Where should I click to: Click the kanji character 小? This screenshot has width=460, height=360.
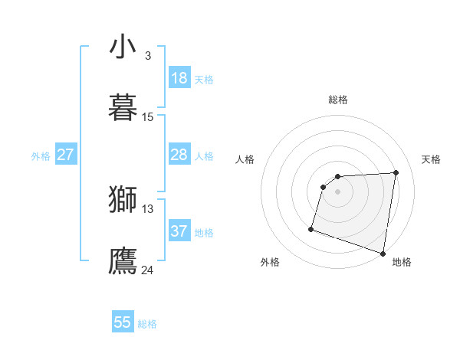point(123,47)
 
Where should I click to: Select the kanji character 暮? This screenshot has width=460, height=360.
point(123,107)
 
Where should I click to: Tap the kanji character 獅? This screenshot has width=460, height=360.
point(123,200)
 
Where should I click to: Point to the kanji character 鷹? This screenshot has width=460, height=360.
point(123,260)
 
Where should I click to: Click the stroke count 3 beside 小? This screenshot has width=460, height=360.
point(147,56)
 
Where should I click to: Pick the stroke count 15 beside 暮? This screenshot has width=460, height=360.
point(148,117)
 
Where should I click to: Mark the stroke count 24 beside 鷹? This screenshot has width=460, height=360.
point(148,270)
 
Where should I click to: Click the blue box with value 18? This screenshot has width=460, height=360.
point(179,78)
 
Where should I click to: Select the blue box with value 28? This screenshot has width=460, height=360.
point(179,155)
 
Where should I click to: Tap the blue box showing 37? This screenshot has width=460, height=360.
point(179,231)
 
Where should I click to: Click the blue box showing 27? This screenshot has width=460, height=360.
point(66,155)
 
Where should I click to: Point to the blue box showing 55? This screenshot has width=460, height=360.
point(123,322)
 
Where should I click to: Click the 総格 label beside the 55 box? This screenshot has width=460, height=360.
point(147,324)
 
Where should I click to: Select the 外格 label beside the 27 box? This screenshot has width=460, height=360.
point(41,156)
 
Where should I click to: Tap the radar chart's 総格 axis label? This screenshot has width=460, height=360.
point(338,100)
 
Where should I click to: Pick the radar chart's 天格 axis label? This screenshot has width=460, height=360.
point(432,159)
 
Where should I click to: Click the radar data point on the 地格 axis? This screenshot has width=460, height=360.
point(383,253)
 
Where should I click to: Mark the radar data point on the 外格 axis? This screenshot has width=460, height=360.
point(311,228)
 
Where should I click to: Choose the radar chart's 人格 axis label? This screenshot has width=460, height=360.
point(245,159)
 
